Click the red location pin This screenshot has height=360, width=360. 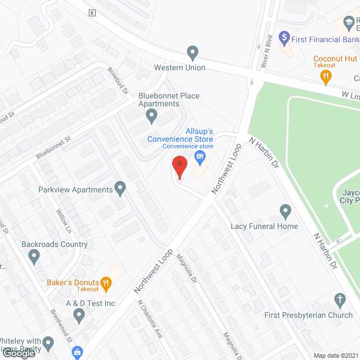[x=179, y=167]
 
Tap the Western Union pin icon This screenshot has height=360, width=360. [x=193, y=53]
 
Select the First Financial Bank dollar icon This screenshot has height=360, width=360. [x=284, y=39]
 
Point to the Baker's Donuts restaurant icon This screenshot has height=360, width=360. [x=105, y=282]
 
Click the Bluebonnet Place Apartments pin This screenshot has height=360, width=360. [x=151, y=116]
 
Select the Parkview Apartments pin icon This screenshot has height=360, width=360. [x=120, y=188]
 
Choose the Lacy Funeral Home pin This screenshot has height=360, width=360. [x=285, y=212]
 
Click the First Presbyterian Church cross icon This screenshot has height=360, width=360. [x=339, y=299]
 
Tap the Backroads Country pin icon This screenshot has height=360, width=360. [x=34, y=257]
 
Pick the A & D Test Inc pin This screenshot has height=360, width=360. [x=79, y=317]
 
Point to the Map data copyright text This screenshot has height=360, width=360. [x=335, y=355]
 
